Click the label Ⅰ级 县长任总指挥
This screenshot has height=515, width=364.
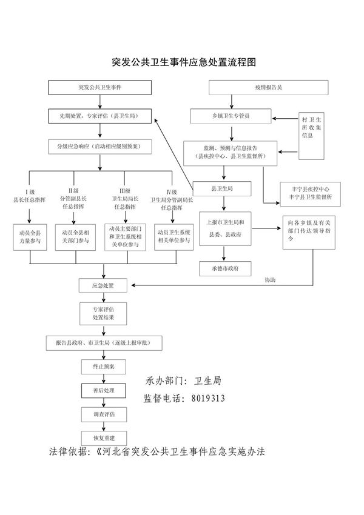[x=30, y=194]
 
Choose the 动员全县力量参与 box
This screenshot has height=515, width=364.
[x=30, y=236]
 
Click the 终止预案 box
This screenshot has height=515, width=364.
[x=101, y=367]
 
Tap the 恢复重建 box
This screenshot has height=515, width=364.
[x=101, y=437]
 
